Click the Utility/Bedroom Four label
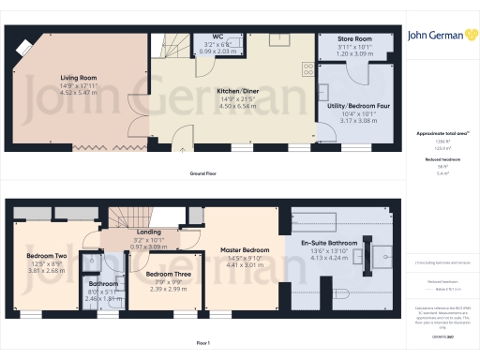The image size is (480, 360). tap(357, 107)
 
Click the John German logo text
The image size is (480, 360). tap(440, 37)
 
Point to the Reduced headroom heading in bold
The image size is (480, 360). tap(439, 159)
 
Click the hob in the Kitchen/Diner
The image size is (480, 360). tap(307, 67)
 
